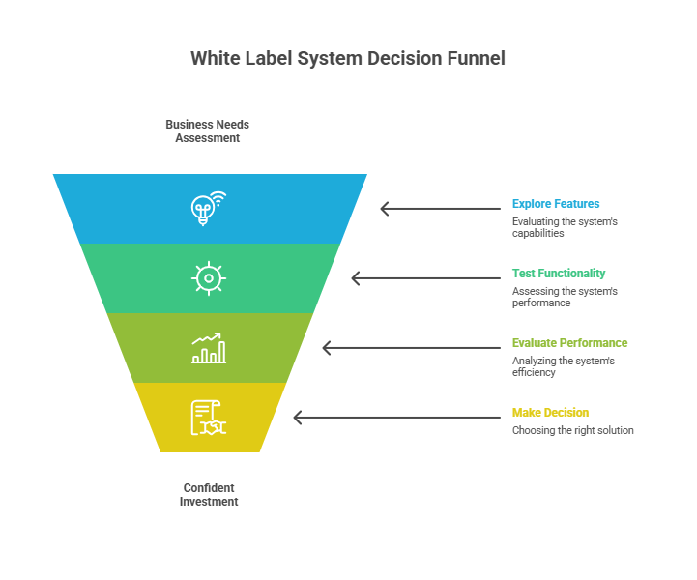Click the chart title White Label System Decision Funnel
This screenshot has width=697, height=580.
coord(348,58)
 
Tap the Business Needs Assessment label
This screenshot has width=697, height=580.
coord(207,131)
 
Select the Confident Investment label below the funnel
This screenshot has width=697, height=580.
coord(209,495)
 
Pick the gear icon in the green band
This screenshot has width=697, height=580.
coord(208,278)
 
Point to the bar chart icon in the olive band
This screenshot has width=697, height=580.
coord(209,348)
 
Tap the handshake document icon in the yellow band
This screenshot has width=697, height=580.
coord(208,418)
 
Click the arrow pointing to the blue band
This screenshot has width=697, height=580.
coord(440,209)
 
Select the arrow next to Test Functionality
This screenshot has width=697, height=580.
coord(411,278)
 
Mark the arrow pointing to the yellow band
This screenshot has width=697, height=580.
coord(353,418)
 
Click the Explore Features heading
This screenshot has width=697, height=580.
coord(556,204)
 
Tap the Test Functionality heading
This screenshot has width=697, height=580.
coord(559,274)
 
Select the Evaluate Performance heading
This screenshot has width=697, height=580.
coord(569,343)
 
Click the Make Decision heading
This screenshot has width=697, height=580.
coord(550,413)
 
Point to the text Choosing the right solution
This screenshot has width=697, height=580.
coord(572,430)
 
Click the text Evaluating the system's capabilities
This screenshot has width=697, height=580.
coord(565,227)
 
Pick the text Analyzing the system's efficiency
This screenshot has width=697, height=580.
coord(563,366)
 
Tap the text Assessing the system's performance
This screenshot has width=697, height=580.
coord(565,297)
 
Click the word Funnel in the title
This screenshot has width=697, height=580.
coord(476,58)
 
